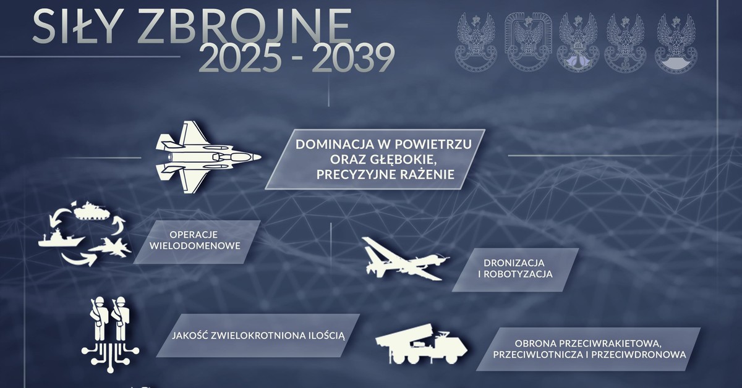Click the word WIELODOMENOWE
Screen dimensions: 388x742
[x=195, y=247]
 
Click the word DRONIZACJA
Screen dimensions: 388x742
[x=515, y=263]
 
